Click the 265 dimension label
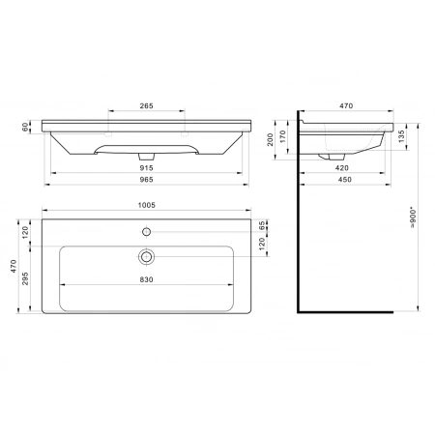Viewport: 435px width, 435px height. (146, 105)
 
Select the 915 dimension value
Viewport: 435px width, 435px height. (146, 168)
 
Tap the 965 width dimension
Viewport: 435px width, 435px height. (146, 180)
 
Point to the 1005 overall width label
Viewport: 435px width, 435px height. (147, 205)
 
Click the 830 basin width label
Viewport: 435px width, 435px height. (146, 279)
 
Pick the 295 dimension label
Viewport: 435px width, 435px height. (25, 278)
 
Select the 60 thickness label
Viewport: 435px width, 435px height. (25, 127)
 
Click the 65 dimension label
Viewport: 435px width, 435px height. (262, 225)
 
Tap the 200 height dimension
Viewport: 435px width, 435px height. (270, 140)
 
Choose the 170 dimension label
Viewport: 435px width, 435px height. (282, 136)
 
